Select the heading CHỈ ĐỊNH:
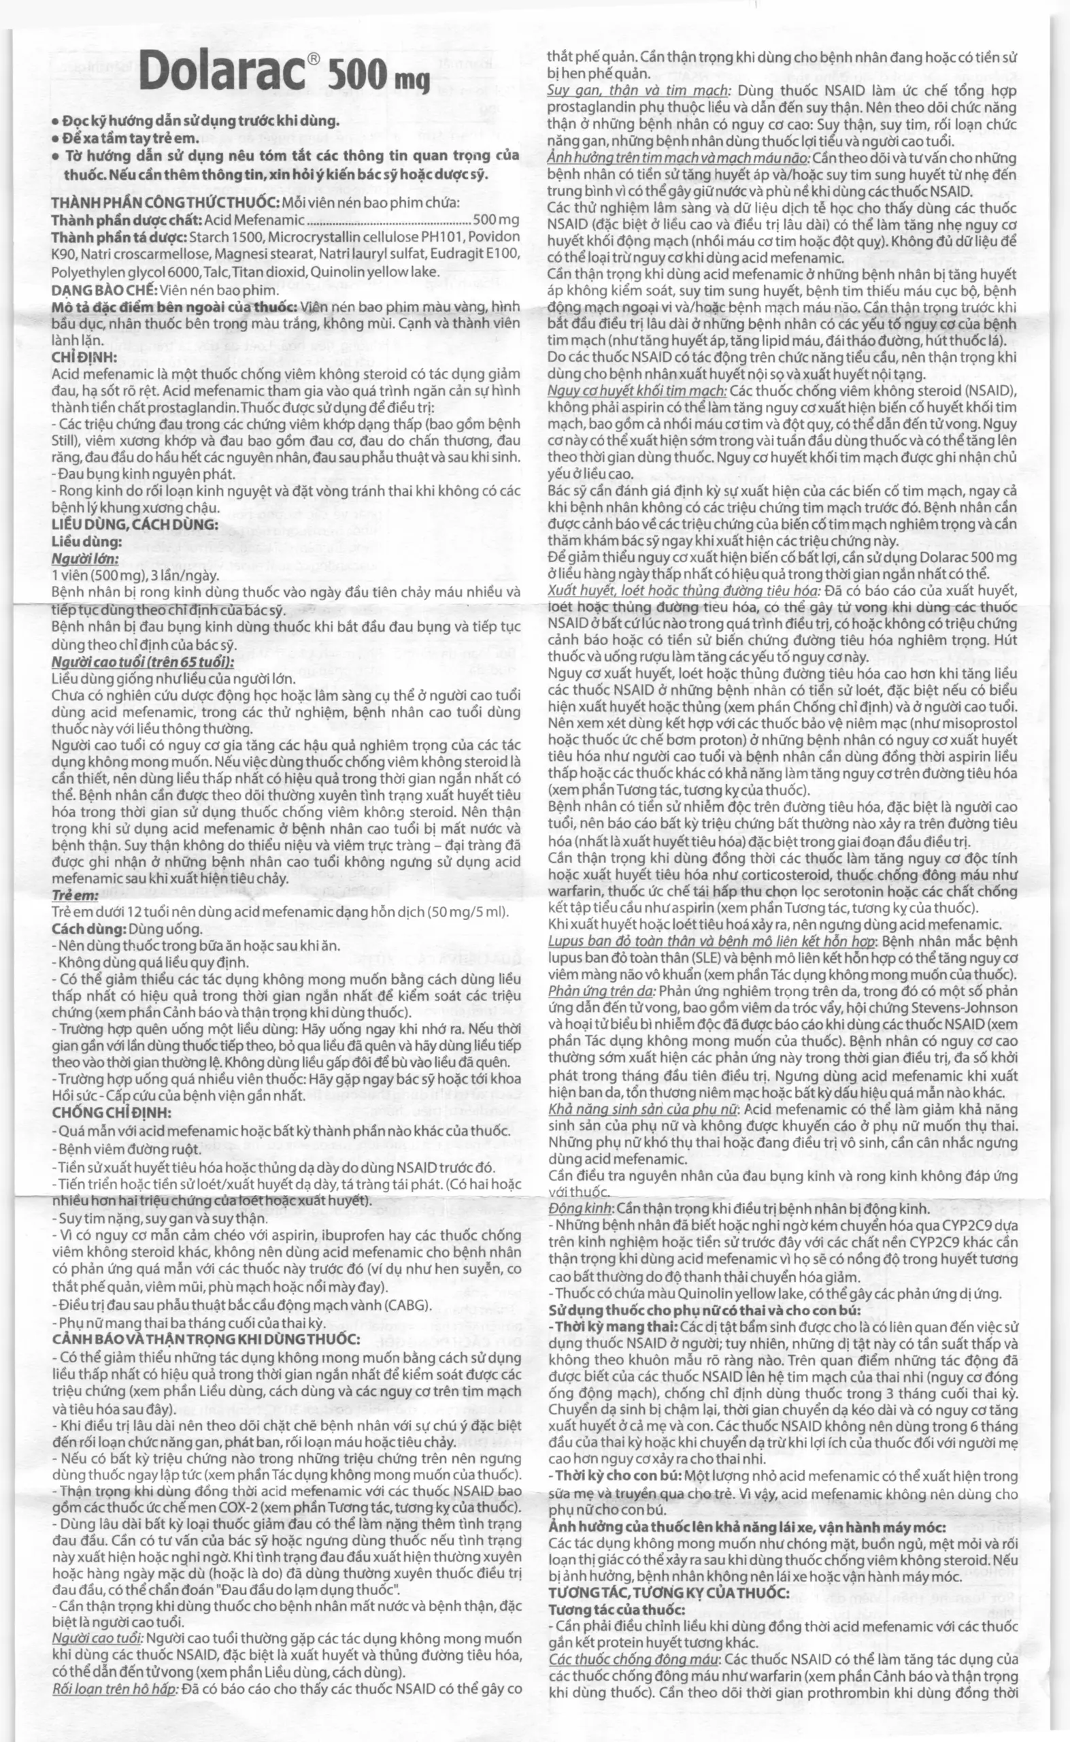tap(78, 357)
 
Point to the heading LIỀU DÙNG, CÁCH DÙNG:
tap(135, 525)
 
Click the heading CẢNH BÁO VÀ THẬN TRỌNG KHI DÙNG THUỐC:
tap(206, 1339)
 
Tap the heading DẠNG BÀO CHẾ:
tap(104, 290)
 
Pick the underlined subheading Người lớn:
tap(84, 559)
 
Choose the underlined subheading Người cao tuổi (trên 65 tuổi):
tap(142, 662)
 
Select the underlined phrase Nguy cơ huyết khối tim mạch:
tap(637, 391)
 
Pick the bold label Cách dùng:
tap(88, 929)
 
